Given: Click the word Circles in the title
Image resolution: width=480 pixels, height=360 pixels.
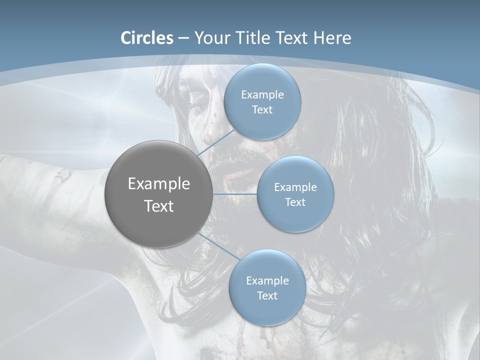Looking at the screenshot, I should pos(147,38).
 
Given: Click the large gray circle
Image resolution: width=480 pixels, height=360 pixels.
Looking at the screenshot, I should pos(158,194).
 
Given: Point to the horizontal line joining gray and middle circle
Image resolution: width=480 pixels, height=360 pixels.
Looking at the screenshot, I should pos(234,194).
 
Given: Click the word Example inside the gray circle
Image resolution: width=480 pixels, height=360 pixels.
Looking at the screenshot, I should pos(158,184).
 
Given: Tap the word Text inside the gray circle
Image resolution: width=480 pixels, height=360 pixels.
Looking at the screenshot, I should pos(158,206).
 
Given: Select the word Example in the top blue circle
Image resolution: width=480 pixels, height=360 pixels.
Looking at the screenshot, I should pos(262,95).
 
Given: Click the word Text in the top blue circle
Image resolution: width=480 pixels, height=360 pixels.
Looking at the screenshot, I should pos(262,110).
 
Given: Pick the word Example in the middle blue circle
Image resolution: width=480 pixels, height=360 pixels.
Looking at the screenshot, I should pos(295,187).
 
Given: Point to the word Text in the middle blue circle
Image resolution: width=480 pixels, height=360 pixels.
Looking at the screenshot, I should pos(295,202).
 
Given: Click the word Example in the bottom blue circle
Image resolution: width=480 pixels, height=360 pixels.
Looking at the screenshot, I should pos(267,281).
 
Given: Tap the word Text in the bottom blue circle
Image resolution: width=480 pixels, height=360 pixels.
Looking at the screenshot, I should pos(267,296).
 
